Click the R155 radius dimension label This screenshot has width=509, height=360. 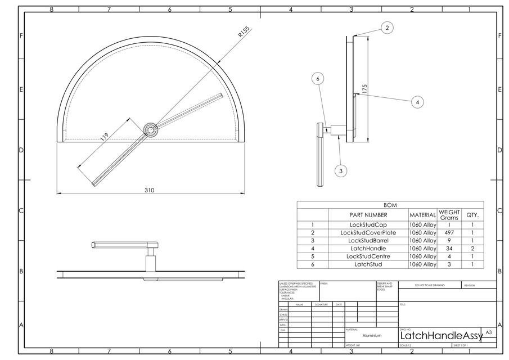[244, 32]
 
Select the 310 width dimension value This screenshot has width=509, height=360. [149, 190]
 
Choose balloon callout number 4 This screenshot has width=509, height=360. [417, 102]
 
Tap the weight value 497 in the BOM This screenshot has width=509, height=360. [449, 232]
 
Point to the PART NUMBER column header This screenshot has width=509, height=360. [368, 214]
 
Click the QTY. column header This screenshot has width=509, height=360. [472, 214]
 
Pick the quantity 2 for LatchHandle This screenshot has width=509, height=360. [472, 248]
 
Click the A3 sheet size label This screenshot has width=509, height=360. [488, 332]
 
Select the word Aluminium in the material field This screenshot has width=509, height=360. [372, 335]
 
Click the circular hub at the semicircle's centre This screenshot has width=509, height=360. [150, 129]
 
